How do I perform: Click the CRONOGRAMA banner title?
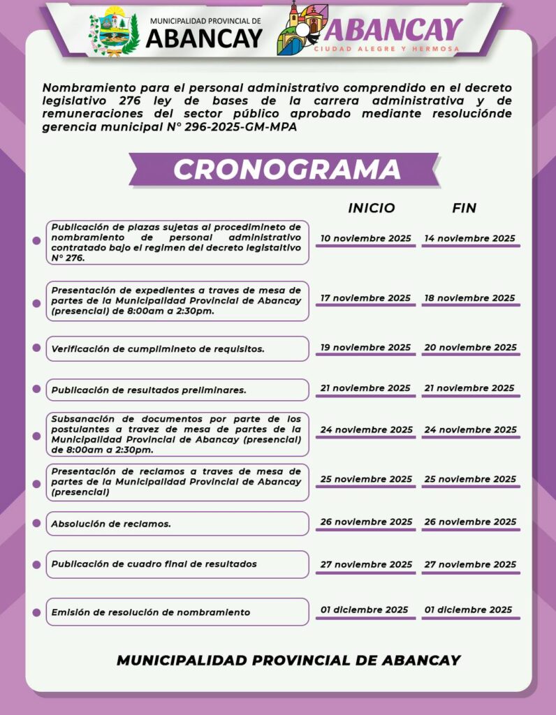[x=287, y=170]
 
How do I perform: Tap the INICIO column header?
[x=372, y=208]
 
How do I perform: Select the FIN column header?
[x=464, y=208]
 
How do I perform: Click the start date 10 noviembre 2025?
[x=366, y=238]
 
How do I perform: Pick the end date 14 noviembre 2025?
[x=470, y=238]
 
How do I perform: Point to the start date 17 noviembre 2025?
[x=365, y=298]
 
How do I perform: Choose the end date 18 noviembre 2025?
[x=470, y=298]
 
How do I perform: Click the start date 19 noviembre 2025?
[x=365, y=348]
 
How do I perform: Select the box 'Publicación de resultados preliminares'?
[x=177, y=390]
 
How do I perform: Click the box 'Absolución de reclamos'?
[x=177, y=523]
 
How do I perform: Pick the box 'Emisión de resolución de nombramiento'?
[x=177, y=612]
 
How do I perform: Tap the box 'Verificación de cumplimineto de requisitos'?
[x=177, y=348]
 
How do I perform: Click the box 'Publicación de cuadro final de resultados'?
[x=177, y=564]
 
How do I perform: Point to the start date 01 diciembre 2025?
[x=365, y=610]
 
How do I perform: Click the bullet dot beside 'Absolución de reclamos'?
[x=36, y=523]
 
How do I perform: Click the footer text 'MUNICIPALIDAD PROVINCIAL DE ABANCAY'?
[x=288, y=660]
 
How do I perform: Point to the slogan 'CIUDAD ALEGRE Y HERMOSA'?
[x=386, y=49]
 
